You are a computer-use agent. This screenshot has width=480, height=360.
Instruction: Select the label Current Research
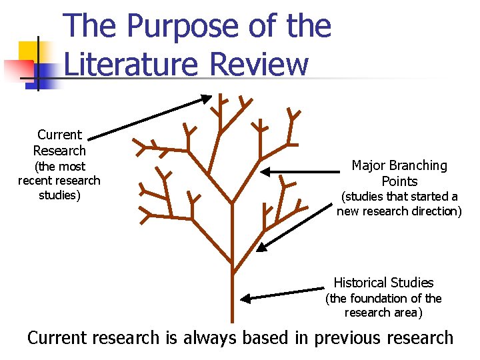tap(59, 143)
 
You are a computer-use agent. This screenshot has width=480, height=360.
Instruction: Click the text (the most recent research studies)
tap(59, 181)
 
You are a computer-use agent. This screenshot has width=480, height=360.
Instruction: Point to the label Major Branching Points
tap(399, 173)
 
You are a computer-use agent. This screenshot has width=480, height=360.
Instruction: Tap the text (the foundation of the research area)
tap(383, 305)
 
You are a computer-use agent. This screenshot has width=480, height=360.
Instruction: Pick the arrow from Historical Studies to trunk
tap(283, 294)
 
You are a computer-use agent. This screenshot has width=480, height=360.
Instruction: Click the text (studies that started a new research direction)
tap(399, 204)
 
